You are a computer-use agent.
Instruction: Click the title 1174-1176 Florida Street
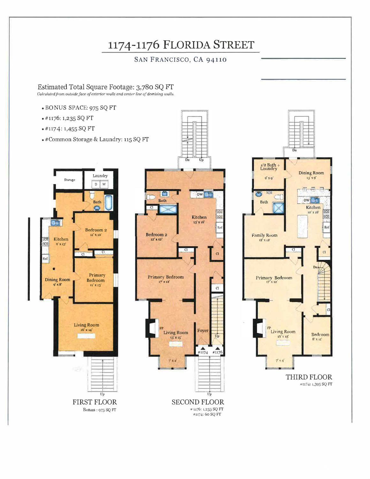pyautogui.click(x=181, y=45)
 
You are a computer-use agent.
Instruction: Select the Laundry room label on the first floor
pyautogui.click(x=100, y=176)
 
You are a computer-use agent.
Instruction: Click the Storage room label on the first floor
pyautogui.click(x=69, y=180)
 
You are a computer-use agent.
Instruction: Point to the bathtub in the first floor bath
pyautogui.click(x=109, y=202)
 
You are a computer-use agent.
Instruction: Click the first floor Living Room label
pyautogui.click(x=87, y=325)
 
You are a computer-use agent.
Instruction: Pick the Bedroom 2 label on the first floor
pyautogui.click(x=96, y=230)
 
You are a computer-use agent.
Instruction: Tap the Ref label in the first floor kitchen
pyautogui.click(x=45, y=259)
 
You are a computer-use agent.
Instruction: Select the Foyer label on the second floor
pyautogui.click(x=203, y=330)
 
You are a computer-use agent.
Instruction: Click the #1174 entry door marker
pyautogui.click(x=203, y=351)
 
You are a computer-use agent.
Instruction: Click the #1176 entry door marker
pyautogui.click(x=217, y=351)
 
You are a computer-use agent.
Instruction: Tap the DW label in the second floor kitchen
pyautogui.click(x=200, y=194)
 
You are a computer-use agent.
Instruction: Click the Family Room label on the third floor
pyautogui.click(x=264, y=235)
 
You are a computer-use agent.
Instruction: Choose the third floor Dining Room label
pyautogui.click(x=311, y=173)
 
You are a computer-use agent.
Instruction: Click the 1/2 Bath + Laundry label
pyautogui.click(x=269, y=167)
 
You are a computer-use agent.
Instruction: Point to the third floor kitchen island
pyautogui.click(x=303, y=227)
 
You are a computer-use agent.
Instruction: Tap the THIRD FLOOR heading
pyautogui.click(x=309, y=377)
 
